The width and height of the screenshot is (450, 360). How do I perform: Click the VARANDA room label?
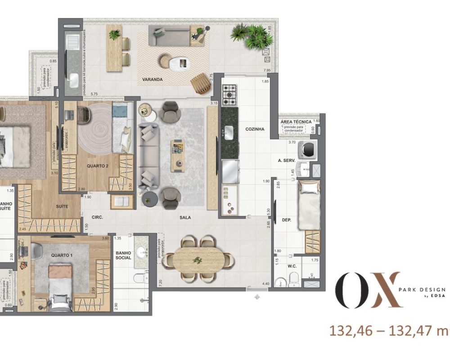coord(152,80)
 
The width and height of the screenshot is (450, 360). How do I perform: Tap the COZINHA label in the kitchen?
coord(255,129)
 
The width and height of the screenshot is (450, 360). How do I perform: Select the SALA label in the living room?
coord(184,217)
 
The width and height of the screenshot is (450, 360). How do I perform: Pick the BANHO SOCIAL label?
coord(123,255)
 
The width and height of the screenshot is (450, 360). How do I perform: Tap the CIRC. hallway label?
coord(97,217)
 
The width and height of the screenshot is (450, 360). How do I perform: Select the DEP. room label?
coord(286,220)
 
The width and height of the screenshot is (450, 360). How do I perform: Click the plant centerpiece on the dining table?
coord(198,260)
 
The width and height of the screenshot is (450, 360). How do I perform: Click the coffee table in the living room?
coord(177,151)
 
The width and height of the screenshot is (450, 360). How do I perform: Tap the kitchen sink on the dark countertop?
coord(228,132)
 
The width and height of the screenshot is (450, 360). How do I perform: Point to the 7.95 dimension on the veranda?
coord(267,70)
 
